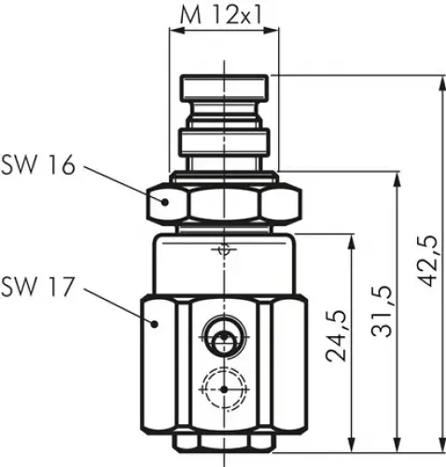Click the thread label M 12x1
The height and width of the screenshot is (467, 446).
[223, 16]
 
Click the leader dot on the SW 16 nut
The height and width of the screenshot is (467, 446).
[163, 201]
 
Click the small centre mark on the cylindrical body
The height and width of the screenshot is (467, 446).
[222, 249]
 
